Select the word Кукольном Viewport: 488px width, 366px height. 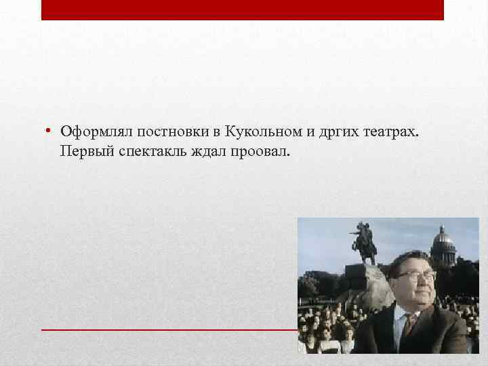[254, 130]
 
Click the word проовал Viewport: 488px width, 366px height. [262, 149]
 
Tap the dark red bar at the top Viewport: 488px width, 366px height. [242, 9]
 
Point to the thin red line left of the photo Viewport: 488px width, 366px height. [169, 329]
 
